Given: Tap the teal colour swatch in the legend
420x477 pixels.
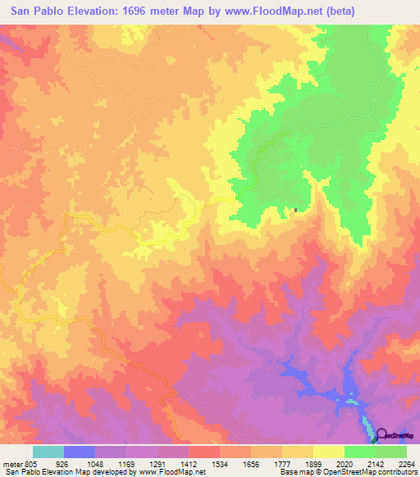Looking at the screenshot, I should point(48,452).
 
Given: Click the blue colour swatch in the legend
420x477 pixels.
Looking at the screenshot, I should point(80,452).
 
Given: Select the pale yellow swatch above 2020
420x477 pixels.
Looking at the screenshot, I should point(329,452).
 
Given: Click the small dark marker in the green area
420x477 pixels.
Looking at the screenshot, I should point(296,211).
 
